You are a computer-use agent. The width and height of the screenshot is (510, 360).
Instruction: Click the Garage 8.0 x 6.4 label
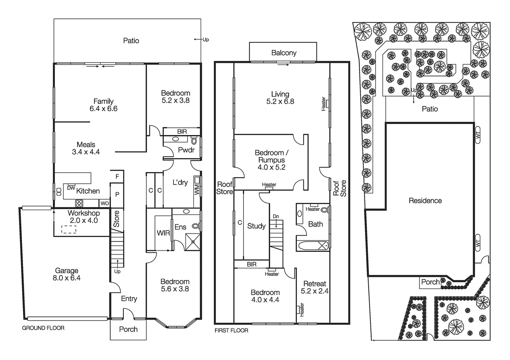[x=66, y=274]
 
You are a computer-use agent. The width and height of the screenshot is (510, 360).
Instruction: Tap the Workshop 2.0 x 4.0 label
[x=84, y=217]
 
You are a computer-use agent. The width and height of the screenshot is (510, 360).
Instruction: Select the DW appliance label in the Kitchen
[x=71, y=188]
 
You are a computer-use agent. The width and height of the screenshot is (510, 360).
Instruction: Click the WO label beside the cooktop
[x=104, y=203]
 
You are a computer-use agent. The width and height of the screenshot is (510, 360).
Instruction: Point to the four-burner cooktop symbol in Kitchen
[x=79, y=203]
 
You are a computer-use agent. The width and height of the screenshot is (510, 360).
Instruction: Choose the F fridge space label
[x=117, y=177]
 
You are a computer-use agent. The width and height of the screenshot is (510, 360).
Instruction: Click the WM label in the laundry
[x=197, y=190]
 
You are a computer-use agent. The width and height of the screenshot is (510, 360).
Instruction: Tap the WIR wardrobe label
[x=163, y=233]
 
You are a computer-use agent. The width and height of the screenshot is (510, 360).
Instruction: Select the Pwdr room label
[x=186, y=150]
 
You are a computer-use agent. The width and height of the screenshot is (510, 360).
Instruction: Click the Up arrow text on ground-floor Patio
[x=205, y=40]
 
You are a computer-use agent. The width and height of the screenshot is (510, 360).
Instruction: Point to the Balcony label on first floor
[x=284, y=53]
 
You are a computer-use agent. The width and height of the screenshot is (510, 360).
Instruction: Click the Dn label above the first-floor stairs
[x=276, y=217]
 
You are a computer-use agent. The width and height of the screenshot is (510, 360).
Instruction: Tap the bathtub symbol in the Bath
[x=313, y=246]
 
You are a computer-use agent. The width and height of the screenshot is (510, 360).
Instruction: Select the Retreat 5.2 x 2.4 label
[x=315, y=287]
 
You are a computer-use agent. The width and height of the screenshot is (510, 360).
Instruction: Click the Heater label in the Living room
[x=323, y=104]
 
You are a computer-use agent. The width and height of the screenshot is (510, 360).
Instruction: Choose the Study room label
[x=256, y=226]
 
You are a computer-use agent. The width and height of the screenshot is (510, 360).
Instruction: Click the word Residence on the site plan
[x=425, y=201]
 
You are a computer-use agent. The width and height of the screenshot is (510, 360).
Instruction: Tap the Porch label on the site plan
[x=430, y=282]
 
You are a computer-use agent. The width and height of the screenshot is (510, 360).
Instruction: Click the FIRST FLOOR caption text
[x=231, y=331]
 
